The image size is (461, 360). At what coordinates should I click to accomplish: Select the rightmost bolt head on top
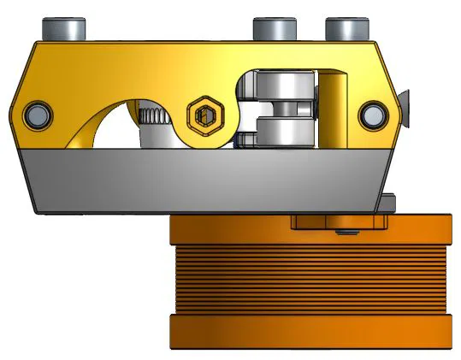pyautogui.click(x=346, y=28)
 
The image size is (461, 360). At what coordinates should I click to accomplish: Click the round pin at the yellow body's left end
pyautogui.click(x=37, y=113)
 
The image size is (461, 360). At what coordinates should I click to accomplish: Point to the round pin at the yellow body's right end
pyautogui.click(x=374, y=113)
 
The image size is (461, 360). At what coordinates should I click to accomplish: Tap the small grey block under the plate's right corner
pyautogui.click(x=390, y=203)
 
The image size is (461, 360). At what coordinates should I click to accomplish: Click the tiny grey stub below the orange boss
pyautogui.click(x=344, y=232)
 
